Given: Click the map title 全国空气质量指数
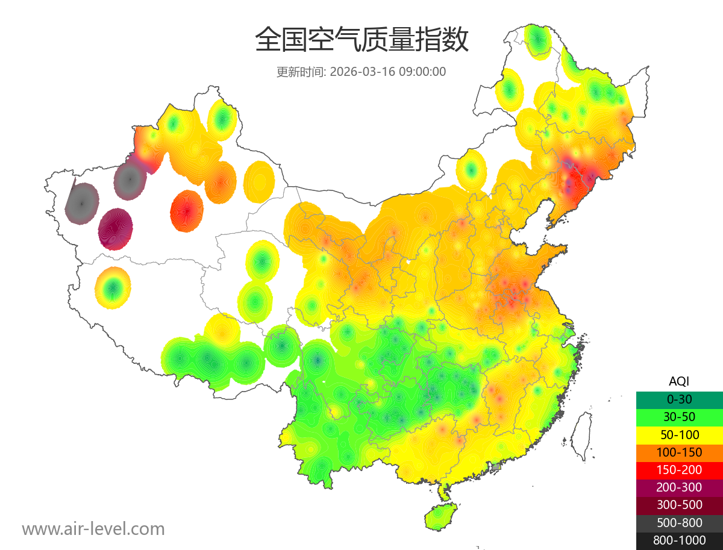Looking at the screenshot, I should pos(361,40).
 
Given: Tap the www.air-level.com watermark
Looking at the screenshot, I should pos(93,529).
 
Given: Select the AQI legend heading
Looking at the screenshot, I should pos(679,381).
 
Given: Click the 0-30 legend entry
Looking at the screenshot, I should pos(679,399).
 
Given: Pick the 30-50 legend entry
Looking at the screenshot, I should pos(679,416).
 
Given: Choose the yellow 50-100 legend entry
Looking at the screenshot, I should pos(679,434).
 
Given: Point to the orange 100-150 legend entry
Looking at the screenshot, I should pos(679,452).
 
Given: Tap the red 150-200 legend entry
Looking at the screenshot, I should pos(679,469).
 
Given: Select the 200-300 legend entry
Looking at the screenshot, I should pos(679,487).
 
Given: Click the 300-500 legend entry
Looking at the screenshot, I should pos(679,505).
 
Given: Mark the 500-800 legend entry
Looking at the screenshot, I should pos(679,523).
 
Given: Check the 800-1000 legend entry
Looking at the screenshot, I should pos(679,540).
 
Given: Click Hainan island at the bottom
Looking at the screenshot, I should pos(440,517).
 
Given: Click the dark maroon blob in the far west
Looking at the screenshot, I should pos(115,230).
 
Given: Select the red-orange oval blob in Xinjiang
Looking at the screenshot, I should pos(187,211).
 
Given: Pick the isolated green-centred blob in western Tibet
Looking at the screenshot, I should pos(113,288).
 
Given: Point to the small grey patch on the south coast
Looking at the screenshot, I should pos(496,466).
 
